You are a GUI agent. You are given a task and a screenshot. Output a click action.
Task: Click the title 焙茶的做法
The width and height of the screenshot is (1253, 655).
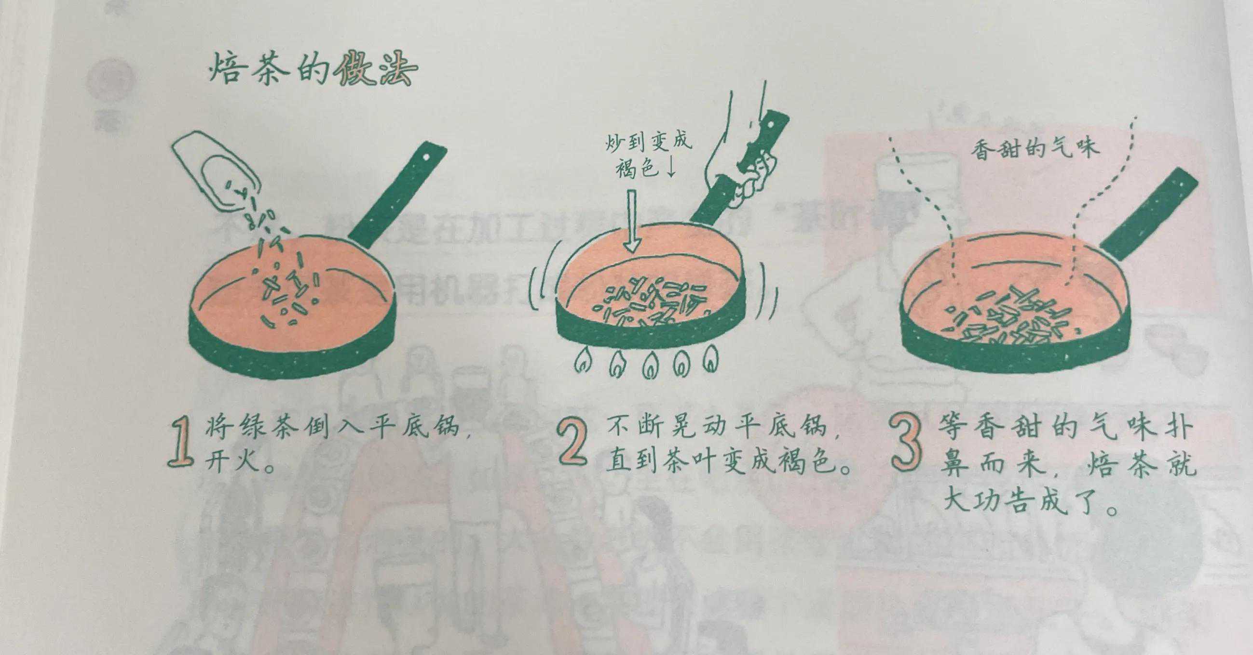pyautogui.click(x=313, y=71)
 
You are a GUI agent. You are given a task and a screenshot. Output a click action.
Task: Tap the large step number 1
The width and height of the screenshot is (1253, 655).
pyautogui.click(x=182, y=443)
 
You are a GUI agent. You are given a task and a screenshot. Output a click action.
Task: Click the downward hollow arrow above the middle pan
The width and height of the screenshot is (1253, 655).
pyautogui.click(x=631, y=221)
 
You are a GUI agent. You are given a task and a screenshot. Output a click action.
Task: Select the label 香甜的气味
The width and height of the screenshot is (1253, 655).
pyautogui.click(x=1035, y=146)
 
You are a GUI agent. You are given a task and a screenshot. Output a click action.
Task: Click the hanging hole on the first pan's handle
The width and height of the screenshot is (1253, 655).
pyautogui.click(x=426, y=157)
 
